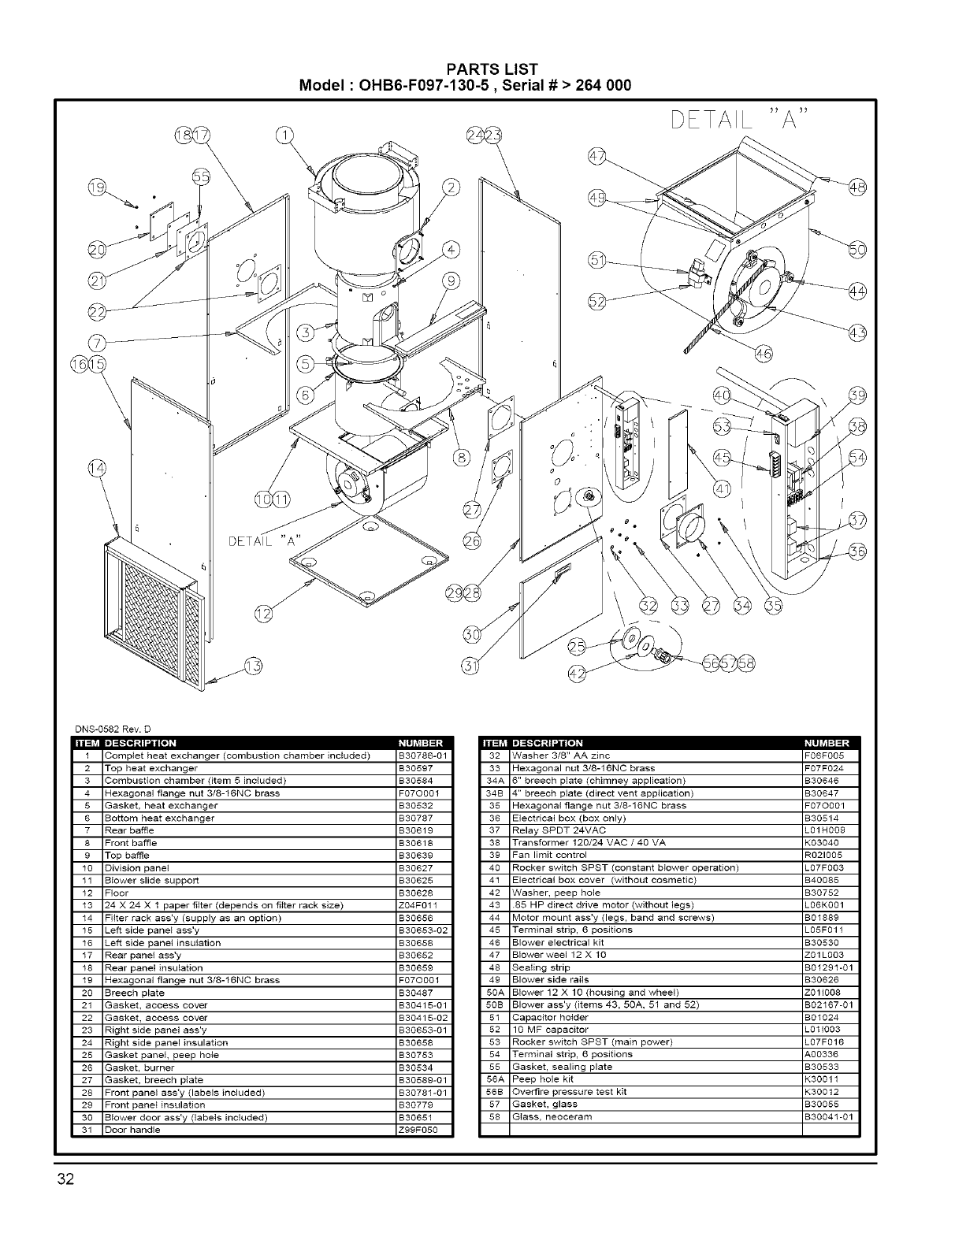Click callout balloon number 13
click(x=253, y=666)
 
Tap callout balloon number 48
click(x=856, y=187)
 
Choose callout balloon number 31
click(x=470, y=666)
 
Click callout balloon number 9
click(x=451, y=280)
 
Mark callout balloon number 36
click(x=857, y=551)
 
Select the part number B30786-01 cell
click(x=423, y=756)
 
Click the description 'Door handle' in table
click(x=132, y=1130)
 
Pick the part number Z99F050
click(x=418, y=1130)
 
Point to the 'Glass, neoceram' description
click(x=552, y=1117)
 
